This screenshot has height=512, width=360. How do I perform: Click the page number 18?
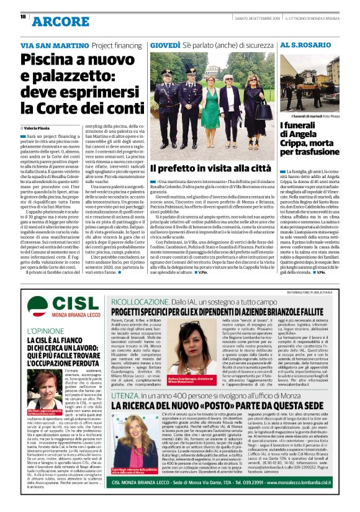pyautogui.click(x=22, y=17)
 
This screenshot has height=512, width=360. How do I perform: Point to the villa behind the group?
pyautogui.click(x=205, y=68)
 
